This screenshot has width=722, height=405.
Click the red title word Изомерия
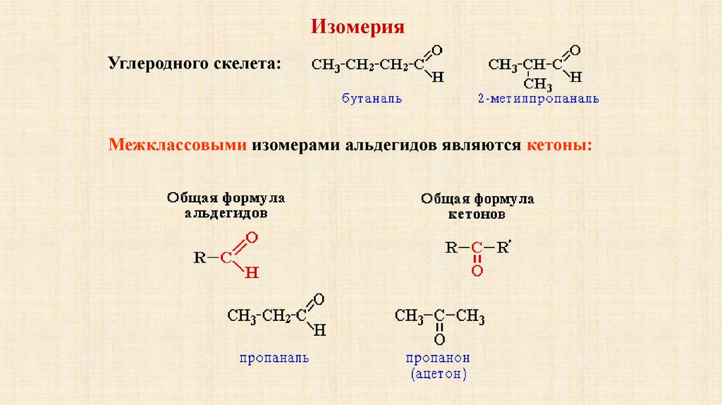[x=358, y=28]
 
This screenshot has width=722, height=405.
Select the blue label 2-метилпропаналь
[x=537, y=99]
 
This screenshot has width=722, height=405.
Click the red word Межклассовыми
[x=176, y=145]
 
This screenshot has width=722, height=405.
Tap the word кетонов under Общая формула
[x=477, y=212]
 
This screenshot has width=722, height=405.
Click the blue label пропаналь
[x=274, y=358]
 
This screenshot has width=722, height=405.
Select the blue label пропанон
[x=438, y=358]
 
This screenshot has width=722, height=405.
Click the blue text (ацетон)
[x=438, y=373]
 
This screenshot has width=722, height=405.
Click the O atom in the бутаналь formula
[x=436, y=50]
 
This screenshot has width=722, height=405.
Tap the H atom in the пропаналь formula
[x=320, y=330]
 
